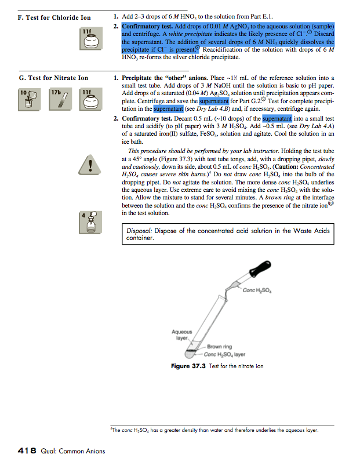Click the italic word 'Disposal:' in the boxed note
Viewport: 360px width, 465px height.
pyautogui.click(x=143, y=231)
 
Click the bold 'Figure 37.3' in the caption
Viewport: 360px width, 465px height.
pyautogui.click(x=188, y=366)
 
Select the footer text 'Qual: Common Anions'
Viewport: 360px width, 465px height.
pyautogui.click(x=72, y=451)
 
